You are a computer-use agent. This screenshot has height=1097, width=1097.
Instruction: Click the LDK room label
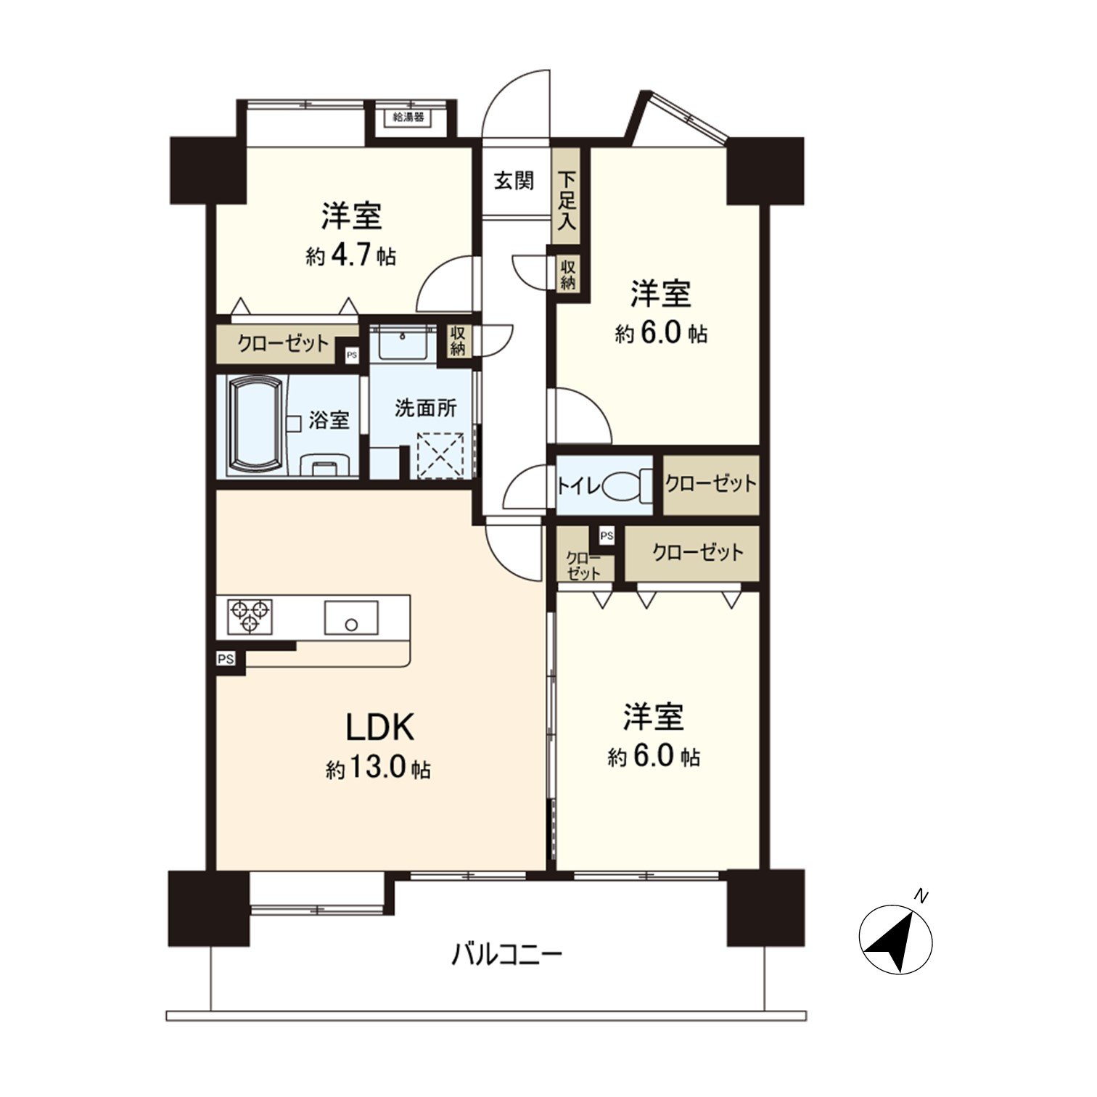379,727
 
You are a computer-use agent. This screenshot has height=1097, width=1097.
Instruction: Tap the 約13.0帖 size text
378,769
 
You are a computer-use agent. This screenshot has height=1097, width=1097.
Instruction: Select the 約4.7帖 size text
351,255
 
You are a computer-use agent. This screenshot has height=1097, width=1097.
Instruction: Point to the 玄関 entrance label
514,181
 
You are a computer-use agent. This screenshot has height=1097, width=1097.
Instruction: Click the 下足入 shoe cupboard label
567,200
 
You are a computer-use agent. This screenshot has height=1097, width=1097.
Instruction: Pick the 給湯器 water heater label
408,117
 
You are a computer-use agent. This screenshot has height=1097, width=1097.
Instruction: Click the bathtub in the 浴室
255,425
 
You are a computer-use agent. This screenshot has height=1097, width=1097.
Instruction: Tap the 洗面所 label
425,408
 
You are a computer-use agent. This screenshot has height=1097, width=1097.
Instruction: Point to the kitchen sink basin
351,617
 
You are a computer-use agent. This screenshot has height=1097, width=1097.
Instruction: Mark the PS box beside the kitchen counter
226,659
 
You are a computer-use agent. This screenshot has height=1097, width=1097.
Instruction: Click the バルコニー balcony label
506,953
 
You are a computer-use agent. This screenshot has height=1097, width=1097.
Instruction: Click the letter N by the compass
921,896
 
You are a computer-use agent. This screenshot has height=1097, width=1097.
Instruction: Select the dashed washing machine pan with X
441,455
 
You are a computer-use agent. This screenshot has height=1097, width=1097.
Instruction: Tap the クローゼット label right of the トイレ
710,484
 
